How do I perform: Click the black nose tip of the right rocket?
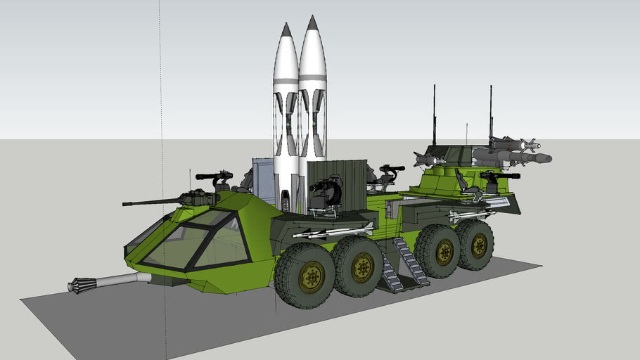pyautogui.click(x=312, y=22)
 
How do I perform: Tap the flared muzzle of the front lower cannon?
pyautogui.click(x=82, y=285)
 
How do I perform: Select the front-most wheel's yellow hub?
pyautogui.click(x=312, y=277)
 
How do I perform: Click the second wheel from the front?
pyautogui.click(x=359, y=266)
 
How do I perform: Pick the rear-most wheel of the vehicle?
pyautogui.click(x=476, y=245)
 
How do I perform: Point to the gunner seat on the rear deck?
pyautogui.click(x=466, y=182)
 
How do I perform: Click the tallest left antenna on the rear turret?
pyautogui.click(x=434, y=112)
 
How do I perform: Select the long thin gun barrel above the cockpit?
pyautogui.click(x=151, y=202)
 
